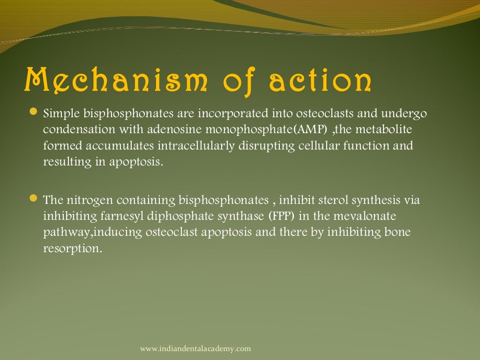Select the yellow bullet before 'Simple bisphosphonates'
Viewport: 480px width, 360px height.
pyautogui.click(x=33, y=112)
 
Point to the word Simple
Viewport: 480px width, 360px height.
pyautogui.click(x=61, y=114)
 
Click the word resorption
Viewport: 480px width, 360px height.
pyautogui.click(x=72, y=249)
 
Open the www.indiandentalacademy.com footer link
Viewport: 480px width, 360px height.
pyautogui.click(x=195, y=348)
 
